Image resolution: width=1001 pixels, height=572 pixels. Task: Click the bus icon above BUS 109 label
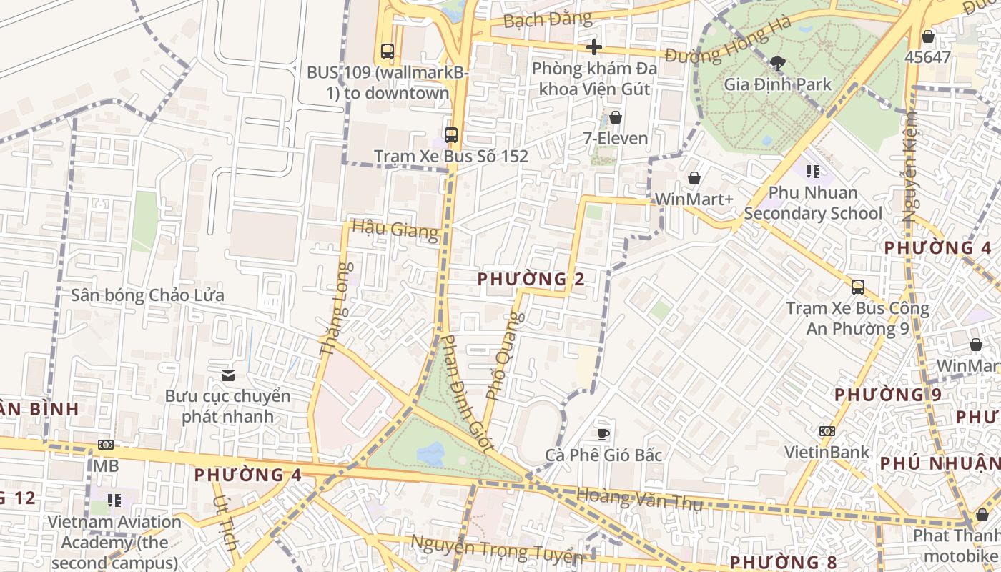(387, 51)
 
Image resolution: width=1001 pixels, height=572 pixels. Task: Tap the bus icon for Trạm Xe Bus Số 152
(450, 134)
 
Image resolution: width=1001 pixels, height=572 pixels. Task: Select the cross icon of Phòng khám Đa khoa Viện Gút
(593, 47)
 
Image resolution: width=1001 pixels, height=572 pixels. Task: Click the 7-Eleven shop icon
(615, 117)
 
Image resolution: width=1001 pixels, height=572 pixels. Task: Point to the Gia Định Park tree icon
(778, 63)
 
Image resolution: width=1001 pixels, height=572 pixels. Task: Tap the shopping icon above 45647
(928, 36)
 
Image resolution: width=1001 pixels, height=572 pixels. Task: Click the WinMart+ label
(694, 199)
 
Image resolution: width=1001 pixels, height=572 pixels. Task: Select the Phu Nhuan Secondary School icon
(812, 171)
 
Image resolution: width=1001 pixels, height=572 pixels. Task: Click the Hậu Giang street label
(395, 230)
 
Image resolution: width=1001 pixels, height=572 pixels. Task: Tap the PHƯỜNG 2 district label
(531, 279)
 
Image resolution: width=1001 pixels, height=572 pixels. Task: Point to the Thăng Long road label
(335, 309)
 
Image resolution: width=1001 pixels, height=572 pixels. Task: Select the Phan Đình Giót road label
(466, 393)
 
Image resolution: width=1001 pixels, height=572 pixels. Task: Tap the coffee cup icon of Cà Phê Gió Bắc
(603, 433)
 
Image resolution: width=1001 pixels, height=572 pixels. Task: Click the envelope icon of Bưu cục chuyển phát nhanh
(228, 375)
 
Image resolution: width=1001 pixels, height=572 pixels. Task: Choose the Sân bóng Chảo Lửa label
(147, 295)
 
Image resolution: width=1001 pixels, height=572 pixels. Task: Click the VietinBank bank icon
(827, 431)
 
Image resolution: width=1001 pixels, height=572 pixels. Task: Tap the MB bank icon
(105, 445)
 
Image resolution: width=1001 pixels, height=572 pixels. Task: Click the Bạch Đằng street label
(548, 19)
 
